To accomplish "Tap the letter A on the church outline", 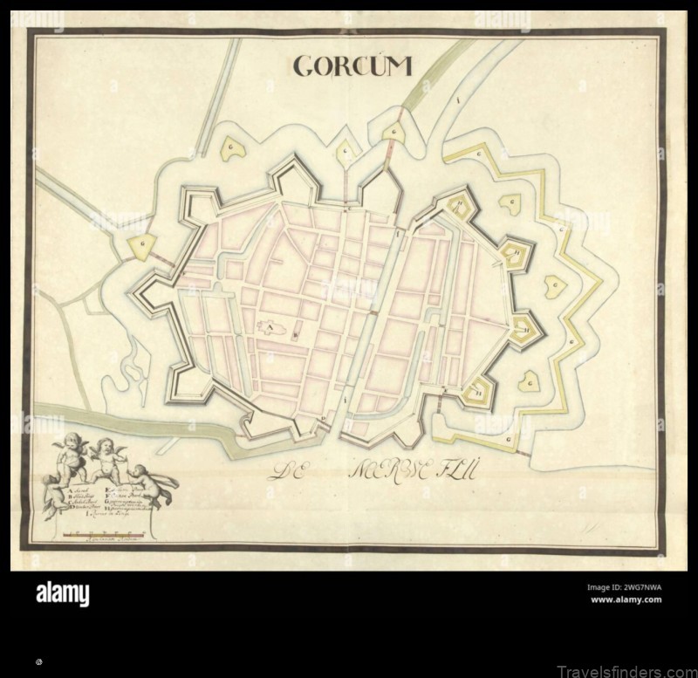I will [x=270, y=328].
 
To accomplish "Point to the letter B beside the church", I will [x=295, y=335].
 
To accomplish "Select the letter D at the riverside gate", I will [x=324, y=418].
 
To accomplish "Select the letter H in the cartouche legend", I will [x=106, y=509].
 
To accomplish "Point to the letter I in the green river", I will [x=456, y=100].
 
